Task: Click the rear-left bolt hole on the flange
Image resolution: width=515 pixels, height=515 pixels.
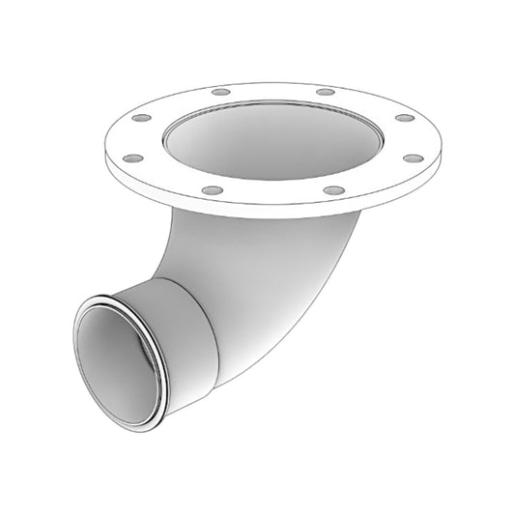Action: click(221, 92)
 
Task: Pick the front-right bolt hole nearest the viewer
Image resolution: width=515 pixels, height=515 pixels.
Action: click(330, 190)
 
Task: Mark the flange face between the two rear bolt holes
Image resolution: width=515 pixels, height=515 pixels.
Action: click(271, 90)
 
